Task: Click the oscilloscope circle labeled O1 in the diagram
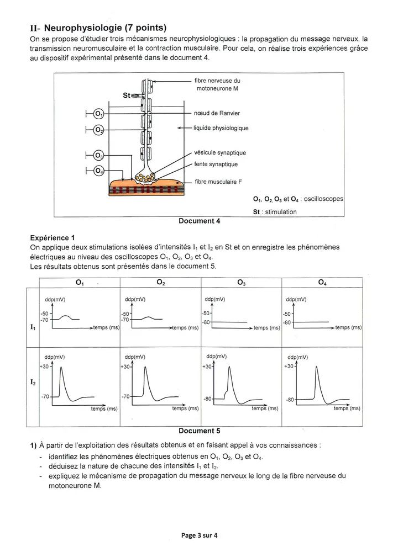coord(99,114)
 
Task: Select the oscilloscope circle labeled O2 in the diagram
coord(99,130)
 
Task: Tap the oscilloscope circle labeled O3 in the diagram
coord(99,155)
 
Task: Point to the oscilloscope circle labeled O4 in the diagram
coord(99,171)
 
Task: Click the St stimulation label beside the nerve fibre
coord(126,95)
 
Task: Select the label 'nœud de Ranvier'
coord(217,113)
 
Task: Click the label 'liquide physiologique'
coord(221,128)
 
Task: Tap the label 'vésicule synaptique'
coord(220,153)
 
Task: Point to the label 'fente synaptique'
coord(216,164)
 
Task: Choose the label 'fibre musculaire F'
coord(218,181)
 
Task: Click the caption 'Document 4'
coord(200,221)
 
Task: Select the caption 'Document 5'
coord(200,431)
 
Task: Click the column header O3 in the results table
coord(242,283)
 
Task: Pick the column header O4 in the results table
coord(322,283)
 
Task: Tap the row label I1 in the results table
coord(32,327)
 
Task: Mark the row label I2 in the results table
coord(32,381)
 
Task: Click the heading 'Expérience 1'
coord(54,238)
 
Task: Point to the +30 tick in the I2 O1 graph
coord(44,366)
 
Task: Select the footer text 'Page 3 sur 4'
coord(202,535)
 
